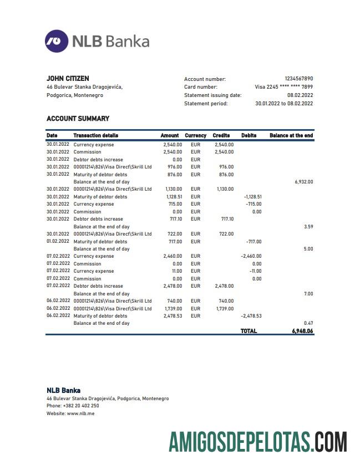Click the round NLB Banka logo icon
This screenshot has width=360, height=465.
pos(57,42)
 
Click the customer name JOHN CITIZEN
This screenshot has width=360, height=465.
pos(68,79)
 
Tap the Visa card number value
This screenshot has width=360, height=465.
pos(283,87)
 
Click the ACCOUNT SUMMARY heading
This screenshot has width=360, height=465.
pos(78,119)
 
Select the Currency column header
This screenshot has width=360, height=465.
pos(195,135)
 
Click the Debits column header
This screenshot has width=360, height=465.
pos(249,135)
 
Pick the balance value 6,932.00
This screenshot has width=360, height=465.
pos(303,182)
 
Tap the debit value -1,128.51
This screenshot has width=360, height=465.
pos(252,197)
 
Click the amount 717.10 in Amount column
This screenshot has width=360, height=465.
pos(174,219)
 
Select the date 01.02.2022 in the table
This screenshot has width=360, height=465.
pos(58,242)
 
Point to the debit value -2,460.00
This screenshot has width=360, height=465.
pos(251,257)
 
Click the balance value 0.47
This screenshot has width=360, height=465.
pos(308,323)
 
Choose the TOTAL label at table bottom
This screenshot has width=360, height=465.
pos(249,331)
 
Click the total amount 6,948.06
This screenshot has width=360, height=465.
pos(302,331)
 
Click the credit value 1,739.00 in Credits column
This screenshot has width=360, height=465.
pos(224,309)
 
